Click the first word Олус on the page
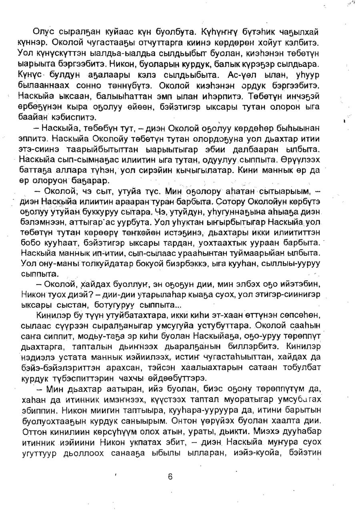point(44,32)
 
